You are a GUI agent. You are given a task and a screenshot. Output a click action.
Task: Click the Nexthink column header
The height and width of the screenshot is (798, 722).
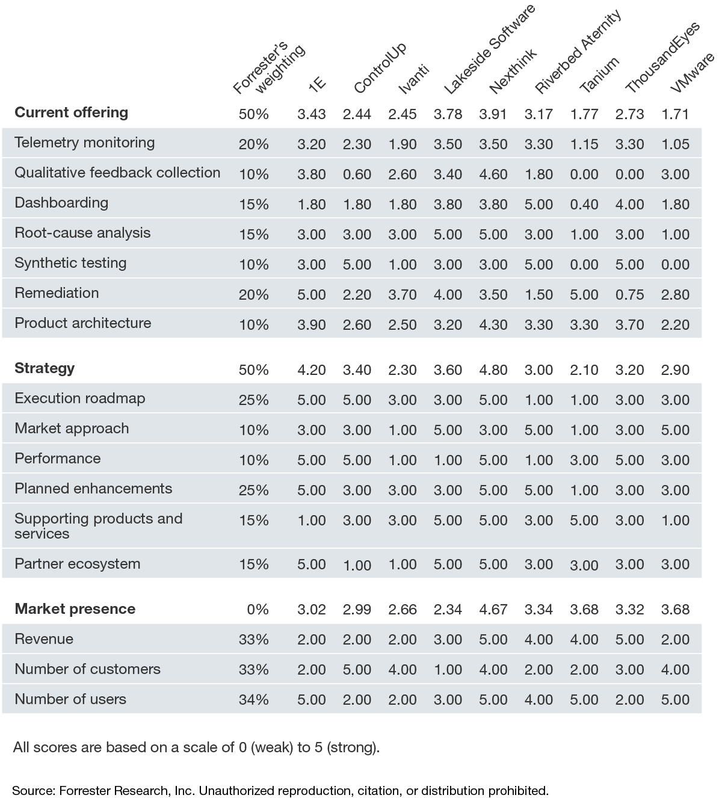[x=513, y=72]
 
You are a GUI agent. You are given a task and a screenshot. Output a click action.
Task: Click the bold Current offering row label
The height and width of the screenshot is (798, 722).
[x=71, y=113]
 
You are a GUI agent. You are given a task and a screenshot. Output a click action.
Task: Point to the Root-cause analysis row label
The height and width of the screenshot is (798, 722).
[x=82, y=233]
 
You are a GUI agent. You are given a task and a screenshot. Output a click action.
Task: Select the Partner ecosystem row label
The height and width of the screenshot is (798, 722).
[x=77, y=564]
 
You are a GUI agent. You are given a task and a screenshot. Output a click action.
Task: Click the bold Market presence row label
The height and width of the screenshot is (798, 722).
[x=75, y=609]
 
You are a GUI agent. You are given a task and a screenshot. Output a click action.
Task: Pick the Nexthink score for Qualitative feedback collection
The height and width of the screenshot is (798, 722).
[x=493, y=175]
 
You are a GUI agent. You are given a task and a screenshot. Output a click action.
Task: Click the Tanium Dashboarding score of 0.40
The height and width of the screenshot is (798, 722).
[x=584, y=205]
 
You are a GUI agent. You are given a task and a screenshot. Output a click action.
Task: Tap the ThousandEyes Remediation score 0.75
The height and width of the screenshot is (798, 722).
[x=629, y=295]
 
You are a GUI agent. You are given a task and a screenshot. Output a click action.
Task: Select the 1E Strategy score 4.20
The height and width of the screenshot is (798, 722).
[x=311, y=370]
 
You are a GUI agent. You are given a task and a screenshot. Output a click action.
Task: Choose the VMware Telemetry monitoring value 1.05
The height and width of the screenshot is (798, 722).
[x=675, y=144]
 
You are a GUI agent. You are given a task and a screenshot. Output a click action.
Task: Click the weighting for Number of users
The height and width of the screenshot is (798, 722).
[x=253, y=700]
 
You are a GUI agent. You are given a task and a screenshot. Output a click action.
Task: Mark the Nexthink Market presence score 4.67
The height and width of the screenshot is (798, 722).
[x=493, y=610]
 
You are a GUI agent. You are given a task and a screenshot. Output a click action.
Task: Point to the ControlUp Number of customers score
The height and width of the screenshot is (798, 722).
[x=357, y=670]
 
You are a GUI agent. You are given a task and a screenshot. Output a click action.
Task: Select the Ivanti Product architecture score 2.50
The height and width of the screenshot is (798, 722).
[x=402, y=325]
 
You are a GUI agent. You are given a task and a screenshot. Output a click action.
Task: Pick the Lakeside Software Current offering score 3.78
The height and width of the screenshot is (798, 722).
[x=448, y=114]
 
